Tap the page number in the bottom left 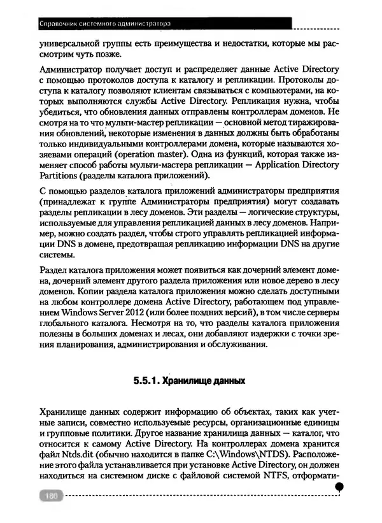coord(49,495)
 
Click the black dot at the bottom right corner coord(339,487)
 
